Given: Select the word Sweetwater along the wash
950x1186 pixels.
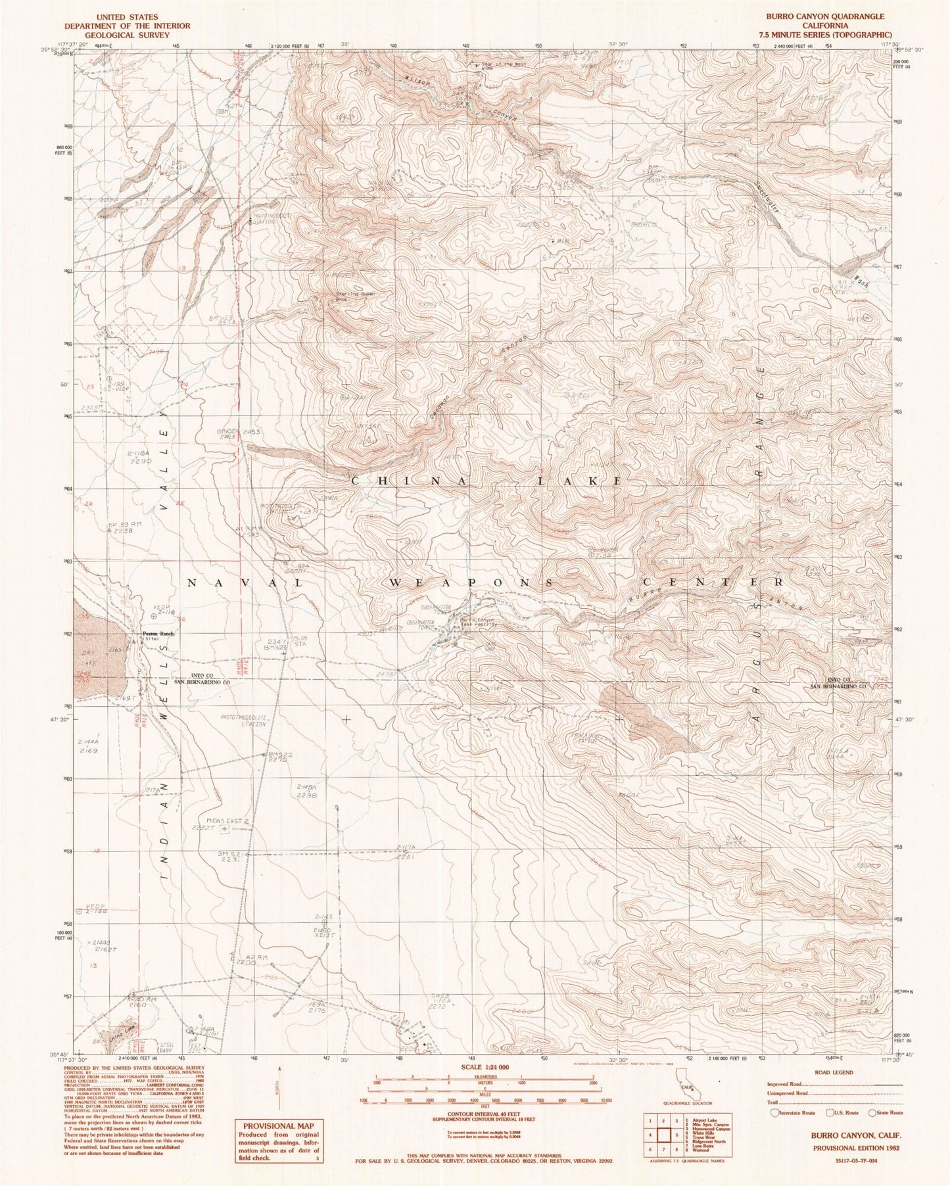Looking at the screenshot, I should (x=765, y=197).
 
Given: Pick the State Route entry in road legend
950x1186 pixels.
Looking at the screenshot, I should (x=873, y=1113).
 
